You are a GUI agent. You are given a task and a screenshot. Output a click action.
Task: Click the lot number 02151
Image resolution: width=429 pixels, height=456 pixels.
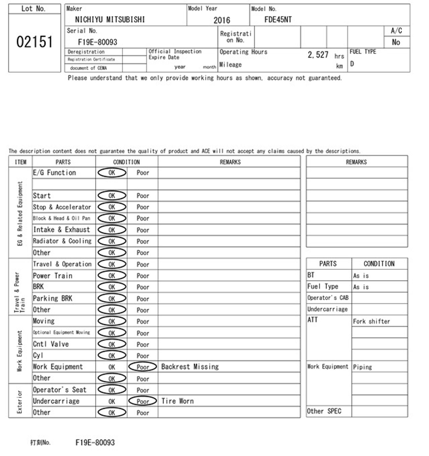coord(34,42)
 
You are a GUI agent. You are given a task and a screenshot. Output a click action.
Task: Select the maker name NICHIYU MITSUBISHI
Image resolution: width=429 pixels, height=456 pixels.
coord(110,19)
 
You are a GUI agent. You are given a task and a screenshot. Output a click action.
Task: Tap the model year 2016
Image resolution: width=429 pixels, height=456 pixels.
coord(222,20)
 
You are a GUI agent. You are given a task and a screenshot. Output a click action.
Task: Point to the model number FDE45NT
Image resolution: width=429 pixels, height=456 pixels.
coord(278,19)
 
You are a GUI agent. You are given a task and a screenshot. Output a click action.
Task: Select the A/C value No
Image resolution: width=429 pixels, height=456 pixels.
coord(396,42)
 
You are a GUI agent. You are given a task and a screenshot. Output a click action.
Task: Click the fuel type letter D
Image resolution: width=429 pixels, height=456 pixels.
coord(352,64)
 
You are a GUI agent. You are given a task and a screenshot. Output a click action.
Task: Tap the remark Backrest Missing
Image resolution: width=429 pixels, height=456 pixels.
coord(190,367)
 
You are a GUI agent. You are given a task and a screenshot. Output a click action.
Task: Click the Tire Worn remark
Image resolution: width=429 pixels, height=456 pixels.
coord(177,401)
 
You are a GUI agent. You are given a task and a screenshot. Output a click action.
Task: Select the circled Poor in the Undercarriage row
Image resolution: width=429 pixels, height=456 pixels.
coord(143,401)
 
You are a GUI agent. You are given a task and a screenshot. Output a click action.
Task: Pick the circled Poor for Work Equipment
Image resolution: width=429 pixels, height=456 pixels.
coord(143,367)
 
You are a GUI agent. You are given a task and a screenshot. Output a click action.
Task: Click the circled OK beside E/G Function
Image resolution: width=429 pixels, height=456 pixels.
coord(112,173)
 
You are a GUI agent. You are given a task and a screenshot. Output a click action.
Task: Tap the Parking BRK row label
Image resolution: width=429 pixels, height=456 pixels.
coord(53,298)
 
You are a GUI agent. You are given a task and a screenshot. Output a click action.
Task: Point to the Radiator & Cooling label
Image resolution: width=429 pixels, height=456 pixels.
coord(62,241)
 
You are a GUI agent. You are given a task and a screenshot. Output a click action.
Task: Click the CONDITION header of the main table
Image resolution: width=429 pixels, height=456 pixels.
coord(126,162)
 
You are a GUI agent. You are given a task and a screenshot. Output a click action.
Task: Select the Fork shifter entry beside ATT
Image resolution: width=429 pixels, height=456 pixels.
coord(371,321)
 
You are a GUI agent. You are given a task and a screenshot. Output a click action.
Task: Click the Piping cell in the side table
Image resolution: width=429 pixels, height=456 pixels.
coord(362,367)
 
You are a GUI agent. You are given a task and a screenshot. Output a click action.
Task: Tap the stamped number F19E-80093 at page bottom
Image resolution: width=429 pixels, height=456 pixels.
coord(95,443)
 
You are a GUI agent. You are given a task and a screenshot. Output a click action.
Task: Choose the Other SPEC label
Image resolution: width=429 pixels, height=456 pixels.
coord(324,411)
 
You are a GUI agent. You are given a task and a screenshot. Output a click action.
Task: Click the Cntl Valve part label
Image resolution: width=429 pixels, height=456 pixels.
coord(51,344)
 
